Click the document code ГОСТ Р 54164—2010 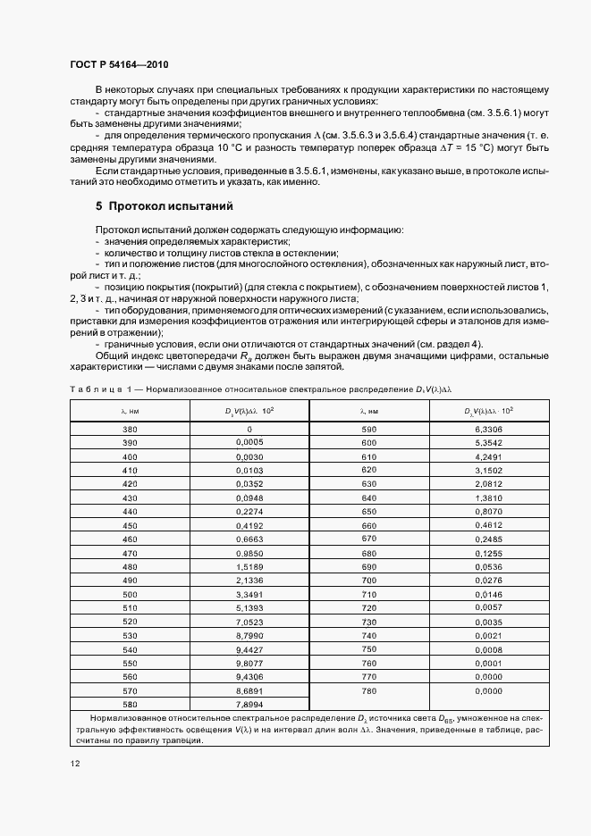[118, 65]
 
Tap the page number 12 [74, 763]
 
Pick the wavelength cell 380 [130, 429]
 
